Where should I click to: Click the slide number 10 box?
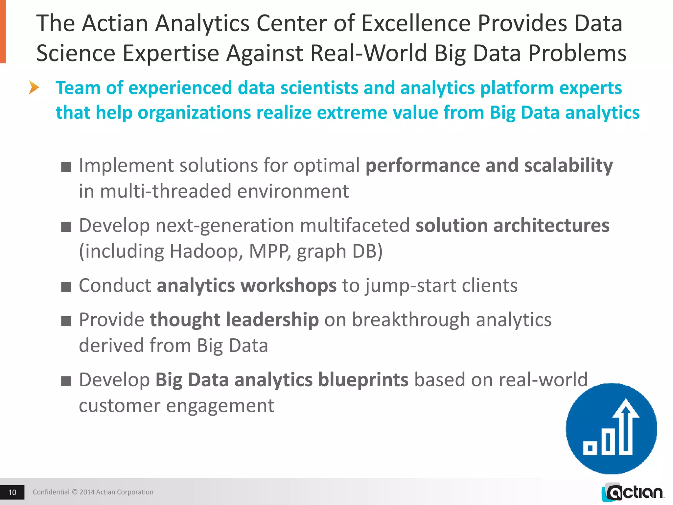[x=12, y=492]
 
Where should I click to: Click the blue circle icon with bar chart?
[x=611, y=429]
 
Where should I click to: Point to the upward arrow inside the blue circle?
[x=626, y=424]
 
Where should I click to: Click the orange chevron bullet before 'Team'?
[x=34, y=87]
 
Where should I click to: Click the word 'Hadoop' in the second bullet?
[x=206, y=252]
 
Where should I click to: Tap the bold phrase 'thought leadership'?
[x=234, y=320]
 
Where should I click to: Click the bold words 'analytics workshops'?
[x=246, y=285]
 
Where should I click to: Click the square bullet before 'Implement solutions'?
[x=66, y=167]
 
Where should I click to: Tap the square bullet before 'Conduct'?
[x=66, y=287]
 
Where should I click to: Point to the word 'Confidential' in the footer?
[x=51, y=492]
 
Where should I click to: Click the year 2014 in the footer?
[x=87, y=492]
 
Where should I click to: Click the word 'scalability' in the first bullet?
[x=568, y=165]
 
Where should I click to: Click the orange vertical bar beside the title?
[x=3, y=31]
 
